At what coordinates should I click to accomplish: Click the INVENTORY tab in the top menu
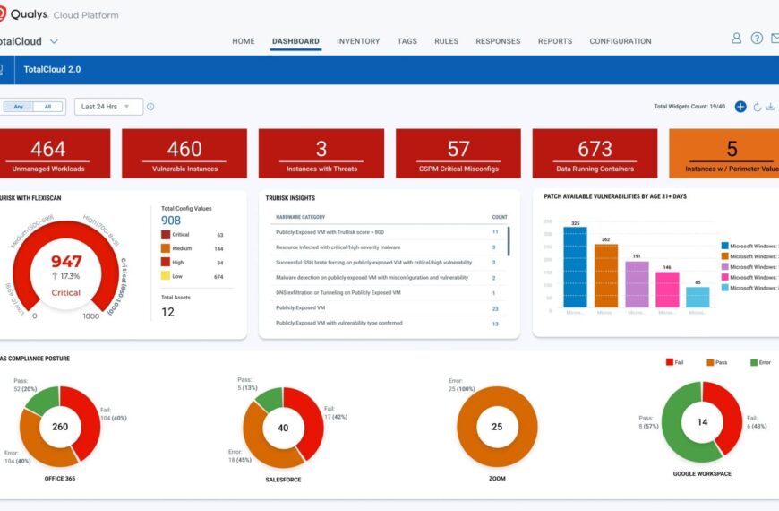[x=358, y=41]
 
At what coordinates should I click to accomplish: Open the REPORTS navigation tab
[x=555, y=41]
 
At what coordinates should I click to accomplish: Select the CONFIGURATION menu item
[x=621, y=41]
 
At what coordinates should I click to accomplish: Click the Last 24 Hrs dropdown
[x=108, y=107]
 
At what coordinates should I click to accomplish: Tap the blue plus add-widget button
[x=740, y=107]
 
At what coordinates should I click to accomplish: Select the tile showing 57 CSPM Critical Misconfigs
[x=458, y=153]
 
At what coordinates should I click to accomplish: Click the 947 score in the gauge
[x=66, y=262]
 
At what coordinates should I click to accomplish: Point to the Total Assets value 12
[x=168, y=312]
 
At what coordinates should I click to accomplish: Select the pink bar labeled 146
[x=667, y=290]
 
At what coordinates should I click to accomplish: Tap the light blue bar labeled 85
[x=698, y=297]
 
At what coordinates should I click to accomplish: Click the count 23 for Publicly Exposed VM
[x=495, y=307]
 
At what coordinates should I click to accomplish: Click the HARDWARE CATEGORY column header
[x=300, y=217]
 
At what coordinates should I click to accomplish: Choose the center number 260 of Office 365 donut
[x=60, y=427]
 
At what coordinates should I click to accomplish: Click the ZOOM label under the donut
[x=497, y=480]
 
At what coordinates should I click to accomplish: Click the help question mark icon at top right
[x=757, y=39]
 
